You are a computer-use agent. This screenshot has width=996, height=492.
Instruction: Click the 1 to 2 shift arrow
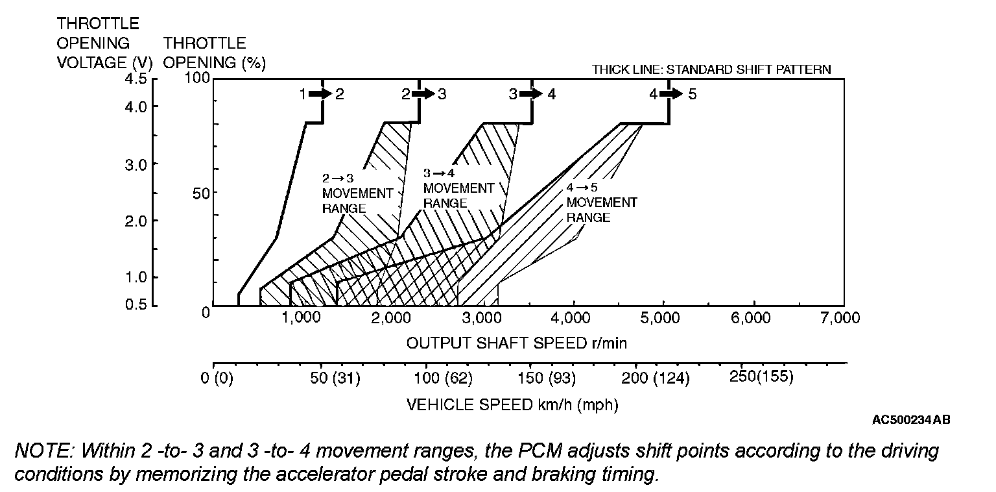tap(320, 93)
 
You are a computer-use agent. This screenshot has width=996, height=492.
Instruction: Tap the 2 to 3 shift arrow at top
tap(423, 93)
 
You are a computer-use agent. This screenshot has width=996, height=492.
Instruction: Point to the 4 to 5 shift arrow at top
tap(672, 93)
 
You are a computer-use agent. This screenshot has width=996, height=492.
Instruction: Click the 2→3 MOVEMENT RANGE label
tap(357, 193)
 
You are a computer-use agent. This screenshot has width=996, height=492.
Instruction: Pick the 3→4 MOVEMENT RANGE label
tap(458, 188)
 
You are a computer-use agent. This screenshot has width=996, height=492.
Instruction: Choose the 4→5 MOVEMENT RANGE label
tap(601, 202)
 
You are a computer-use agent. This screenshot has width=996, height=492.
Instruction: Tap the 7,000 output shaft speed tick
tap(840, 317)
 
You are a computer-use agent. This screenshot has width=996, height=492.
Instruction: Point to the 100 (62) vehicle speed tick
tap(447, 378)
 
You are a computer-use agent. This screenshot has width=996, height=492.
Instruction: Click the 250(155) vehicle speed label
tap(761, 377)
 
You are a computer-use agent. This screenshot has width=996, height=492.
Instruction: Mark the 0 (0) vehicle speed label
tap(217, 378)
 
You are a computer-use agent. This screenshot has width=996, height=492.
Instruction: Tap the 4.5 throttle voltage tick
tap(139, 79)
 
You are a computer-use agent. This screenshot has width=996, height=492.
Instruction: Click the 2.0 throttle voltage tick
tap(139, 220)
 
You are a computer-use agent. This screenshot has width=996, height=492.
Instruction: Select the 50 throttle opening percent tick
tap(205, 193)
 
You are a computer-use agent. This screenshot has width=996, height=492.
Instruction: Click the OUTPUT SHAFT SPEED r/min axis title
tap(516, 343)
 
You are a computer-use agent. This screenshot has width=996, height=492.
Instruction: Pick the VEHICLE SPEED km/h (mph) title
tap(512, 405)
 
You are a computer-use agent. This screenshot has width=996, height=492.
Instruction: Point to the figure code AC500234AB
tap(911, 421)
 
